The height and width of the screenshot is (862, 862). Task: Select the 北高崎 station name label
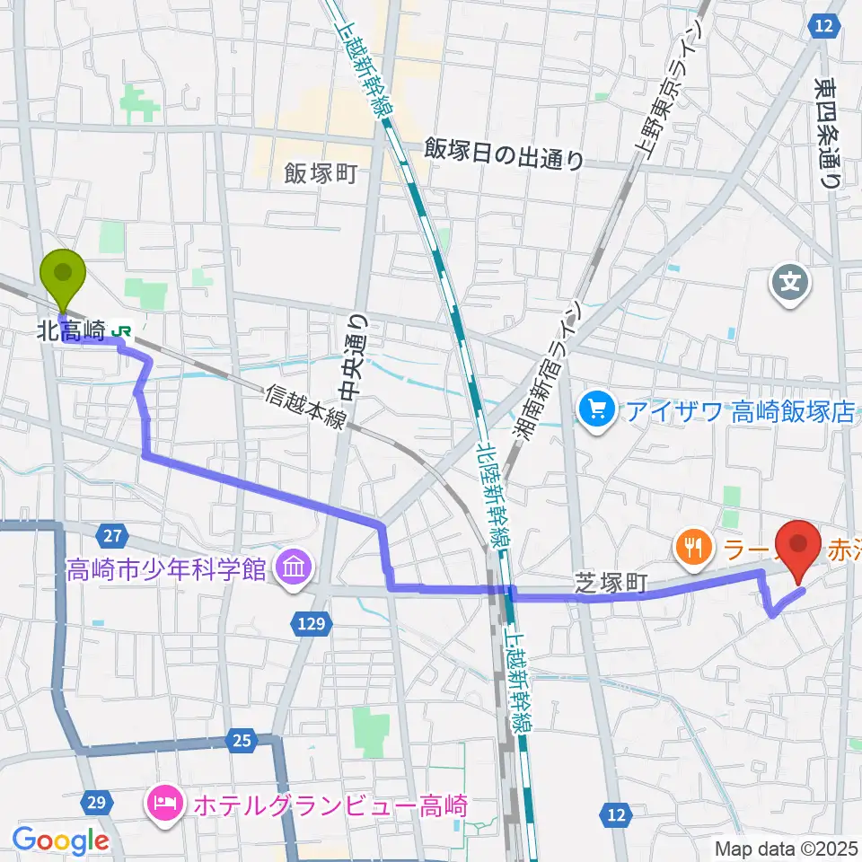pyautogui.click(x=72, y=331)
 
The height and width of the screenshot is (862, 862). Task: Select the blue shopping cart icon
pyautogui.click(x=594, y=412)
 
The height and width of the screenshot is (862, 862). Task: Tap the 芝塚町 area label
pyautogui.click(x=611, y=584)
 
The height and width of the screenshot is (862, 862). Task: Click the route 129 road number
pyautogui.click(x=312, y=622)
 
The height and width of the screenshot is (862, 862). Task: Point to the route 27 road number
pyautogui.click(x=111, y=537)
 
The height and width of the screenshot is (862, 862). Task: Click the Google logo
pyautogui.click(x=61, y=841)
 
